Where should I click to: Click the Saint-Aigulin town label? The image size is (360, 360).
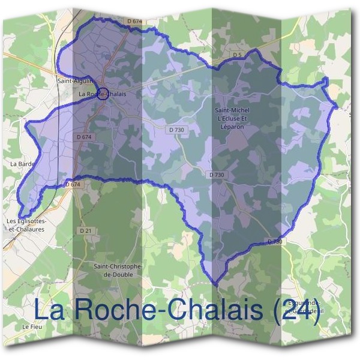tap(73, 80)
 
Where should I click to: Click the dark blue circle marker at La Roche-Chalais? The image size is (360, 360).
tap(103, 94)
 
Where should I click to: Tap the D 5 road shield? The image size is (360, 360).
tap(237, 55)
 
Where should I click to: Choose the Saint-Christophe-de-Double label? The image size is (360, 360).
tap(118, 269)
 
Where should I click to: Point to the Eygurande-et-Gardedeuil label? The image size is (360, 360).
tap(305, 307)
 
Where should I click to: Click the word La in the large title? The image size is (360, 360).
tap(48, 310)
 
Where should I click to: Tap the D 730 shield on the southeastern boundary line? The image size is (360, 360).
tap(274, 241)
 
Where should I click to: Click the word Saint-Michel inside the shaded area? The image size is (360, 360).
tap(232, 110)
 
